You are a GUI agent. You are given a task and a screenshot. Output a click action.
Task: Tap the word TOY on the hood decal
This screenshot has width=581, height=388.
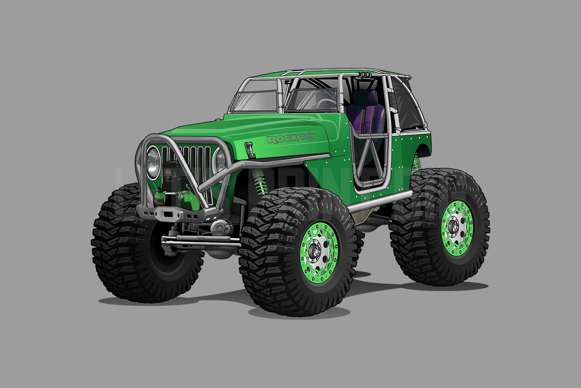point(306,137)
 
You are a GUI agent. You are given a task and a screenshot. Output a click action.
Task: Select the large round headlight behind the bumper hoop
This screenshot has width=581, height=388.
point(153,162)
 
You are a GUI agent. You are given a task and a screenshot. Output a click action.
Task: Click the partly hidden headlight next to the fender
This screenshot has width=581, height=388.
point(220,160)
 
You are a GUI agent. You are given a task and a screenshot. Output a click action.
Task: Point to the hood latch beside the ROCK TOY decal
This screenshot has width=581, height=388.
point(249,147)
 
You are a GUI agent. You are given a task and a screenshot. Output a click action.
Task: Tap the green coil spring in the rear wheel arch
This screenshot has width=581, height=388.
point(417,161)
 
